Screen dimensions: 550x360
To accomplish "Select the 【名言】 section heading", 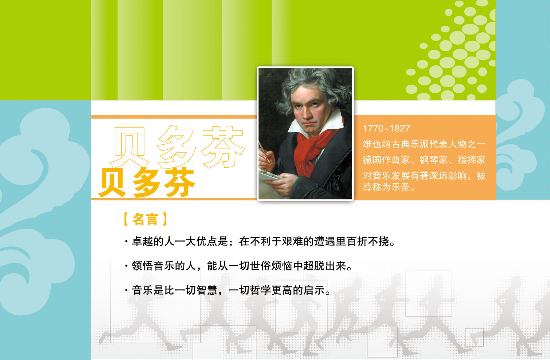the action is [x=145, y=219].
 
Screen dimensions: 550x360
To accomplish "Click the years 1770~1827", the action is [x=386, y=128].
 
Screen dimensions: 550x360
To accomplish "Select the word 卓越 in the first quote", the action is [x=143, y=241].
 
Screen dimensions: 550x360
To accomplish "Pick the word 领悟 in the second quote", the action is [x=143, y=266].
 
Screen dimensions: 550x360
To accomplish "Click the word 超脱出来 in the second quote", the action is [x=325, y=266].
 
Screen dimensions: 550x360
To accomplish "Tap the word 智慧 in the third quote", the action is [x=207, y=290].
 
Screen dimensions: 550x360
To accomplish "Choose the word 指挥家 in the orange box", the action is [x=472, y=160].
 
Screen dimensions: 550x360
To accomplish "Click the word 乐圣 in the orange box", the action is [x=401, y=187].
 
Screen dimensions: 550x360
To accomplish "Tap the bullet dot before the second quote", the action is [x=126, y=266].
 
